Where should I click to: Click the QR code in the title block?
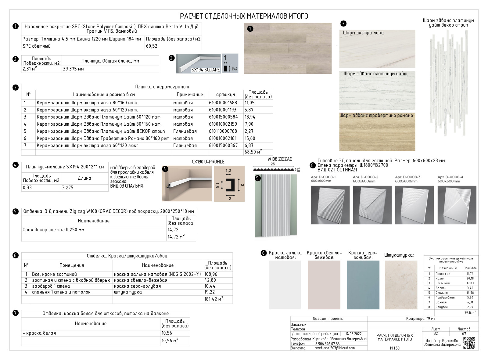(469, 343)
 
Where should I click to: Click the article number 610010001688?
(223, 103)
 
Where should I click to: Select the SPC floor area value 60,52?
(152, 46)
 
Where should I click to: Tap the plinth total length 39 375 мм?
(74, 69)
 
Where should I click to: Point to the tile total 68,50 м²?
(253, 152)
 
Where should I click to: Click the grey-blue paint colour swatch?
(363, 285)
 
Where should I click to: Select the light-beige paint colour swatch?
(324, 285)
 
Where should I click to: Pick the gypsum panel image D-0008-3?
(414, 205)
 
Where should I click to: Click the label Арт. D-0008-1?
(323, 177)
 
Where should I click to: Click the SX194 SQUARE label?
(205, 70)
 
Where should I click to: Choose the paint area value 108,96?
(211, 274)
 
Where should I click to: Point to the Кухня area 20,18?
(470, 279)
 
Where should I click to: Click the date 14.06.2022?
(353, 334)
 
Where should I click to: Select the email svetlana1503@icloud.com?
(335, 348)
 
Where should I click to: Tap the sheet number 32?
(436, 334)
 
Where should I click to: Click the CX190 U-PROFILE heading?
(208, 162)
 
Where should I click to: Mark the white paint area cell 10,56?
(167, 333)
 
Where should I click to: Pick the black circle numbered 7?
(16, 313)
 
